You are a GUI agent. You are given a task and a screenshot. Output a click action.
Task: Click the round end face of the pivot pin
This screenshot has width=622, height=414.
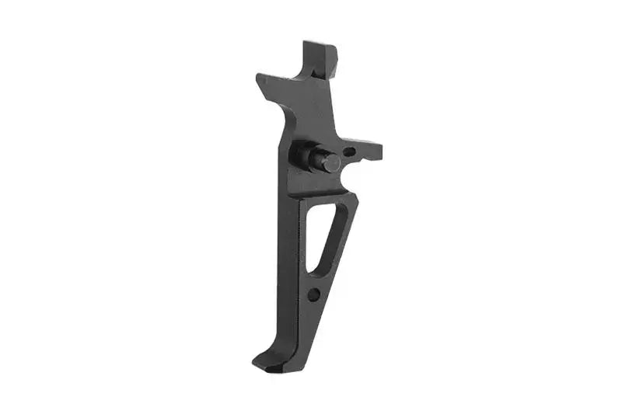click(331, 163)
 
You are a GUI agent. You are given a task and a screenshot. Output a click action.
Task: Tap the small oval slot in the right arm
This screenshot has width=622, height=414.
click(349, 151)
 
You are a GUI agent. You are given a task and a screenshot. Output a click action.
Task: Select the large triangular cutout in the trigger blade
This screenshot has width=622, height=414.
click(321, 233)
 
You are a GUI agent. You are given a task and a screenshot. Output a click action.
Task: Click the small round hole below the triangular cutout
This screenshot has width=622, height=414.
click(313, 294)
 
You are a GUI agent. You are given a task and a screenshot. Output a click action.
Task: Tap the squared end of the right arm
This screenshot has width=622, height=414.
click(378, 149)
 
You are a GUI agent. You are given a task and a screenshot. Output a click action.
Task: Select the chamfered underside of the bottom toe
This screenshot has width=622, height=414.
click(276, 367)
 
